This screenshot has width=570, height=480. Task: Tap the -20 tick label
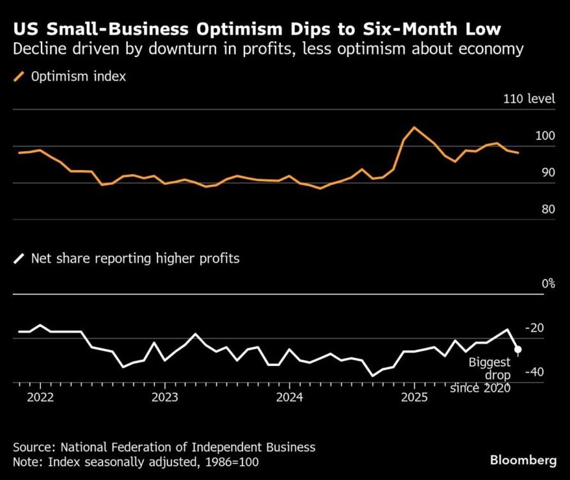pos(534,328)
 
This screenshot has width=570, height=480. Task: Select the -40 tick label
pos(534,372)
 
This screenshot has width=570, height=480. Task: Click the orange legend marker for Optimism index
pos(18,77)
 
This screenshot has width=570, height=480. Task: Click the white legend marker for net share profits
pos(18,259)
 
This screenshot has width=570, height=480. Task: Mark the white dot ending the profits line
pos(518,349)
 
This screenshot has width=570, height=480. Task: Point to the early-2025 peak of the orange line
pos(414,127)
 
